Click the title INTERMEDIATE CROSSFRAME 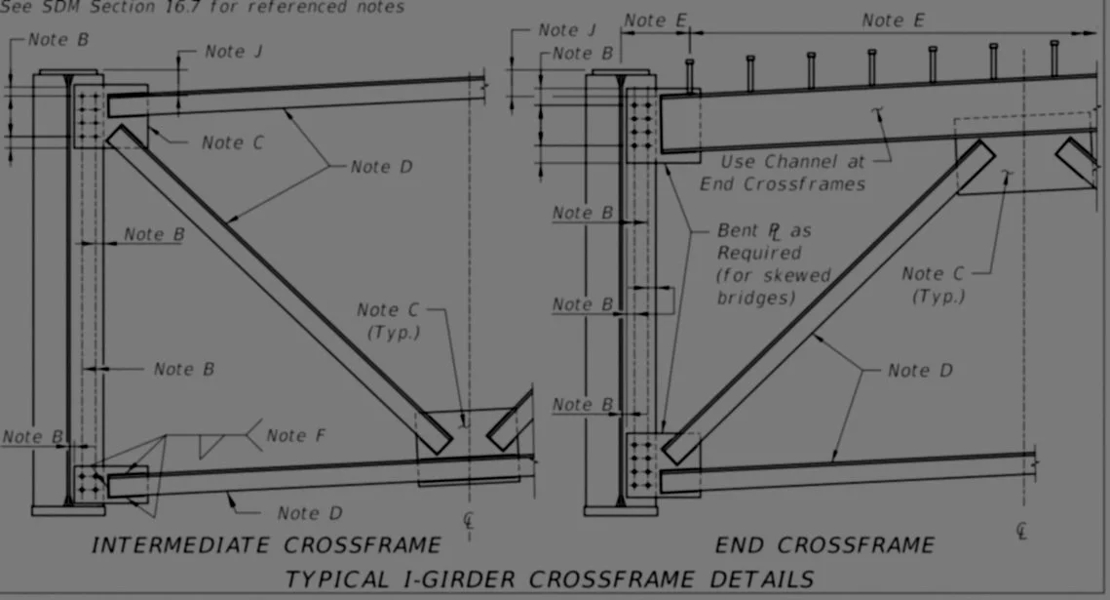(x=265, y=544)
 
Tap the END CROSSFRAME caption (x=824, y=544)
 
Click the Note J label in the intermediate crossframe (x=233, y=52)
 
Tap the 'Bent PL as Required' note (x=764, y=243)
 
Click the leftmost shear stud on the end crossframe (x=689, y=74)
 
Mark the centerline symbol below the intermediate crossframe (x=470, y=519)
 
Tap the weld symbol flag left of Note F (x=208, y=445)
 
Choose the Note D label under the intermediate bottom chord (x=310, y=513)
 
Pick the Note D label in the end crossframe (x=920, y=371)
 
